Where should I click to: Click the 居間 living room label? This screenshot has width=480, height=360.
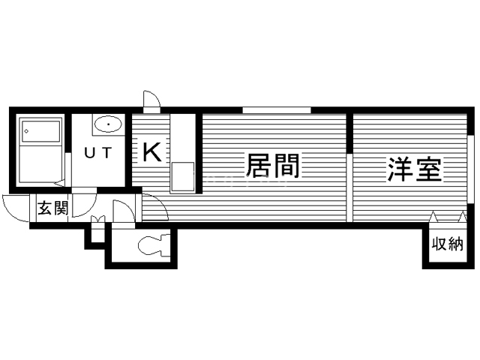click(272, 166)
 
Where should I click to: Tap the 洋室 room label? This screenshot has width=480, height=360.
click(415, 169)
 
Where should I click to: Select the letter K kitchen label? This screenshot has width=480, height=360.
click(152, 152)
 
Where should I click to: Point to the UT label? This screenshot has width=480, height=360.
click(98, 153)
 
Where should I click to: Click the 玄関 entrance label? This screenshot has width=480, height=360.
click(52, 208)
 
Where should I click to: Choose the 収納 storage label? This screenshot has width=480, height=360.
click(448, 244)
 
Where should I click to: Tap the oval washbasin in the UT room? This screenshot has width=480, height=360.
click(108, 124)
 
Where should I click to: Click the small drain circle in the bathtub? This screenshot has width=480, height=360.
click(27, 131)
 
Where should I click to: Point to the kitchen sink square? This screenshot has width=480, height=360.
click(183, 177)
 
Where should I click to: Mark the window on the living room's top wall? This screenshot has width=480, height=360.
click(277, 110)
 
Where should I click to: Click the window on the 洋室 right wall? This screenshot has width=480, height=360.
click(470, 169)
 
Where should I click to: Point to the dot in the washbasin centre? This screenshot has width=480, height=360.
click(108, 124)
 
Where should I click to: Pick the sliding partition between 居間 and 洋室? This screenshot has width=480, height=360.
click(349, 187)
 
